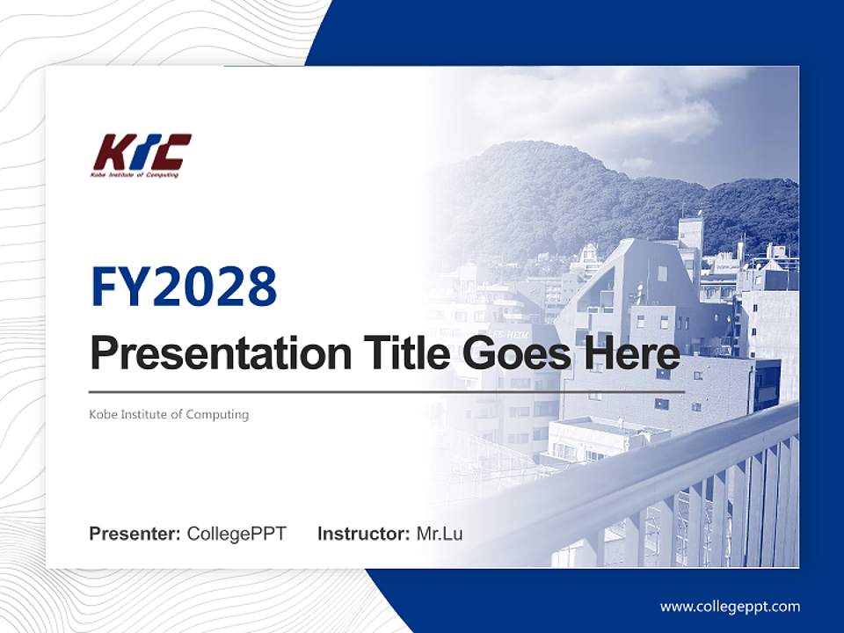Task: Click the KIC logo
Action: coord(142,155)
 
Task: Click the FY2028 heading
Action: coord(184,287)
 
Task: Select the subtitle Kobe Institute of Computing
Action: coord(169,414)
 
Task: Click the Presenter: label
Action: coord(135,534)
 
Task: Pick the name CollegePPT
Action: coord(236,534)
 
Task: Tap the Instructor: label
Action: coord(363,534)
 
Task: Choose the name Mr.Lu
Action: coord(440,534)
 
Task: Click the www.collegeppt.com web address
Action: coord(730,607)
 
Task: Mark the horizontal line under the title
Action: coord(387,391)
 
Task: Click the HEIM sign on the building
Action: coord(510,334)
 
